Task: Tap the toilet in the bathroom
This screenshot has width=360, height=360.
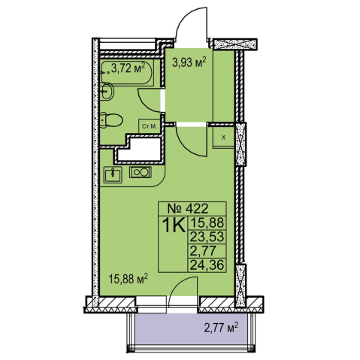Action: coord(111,120)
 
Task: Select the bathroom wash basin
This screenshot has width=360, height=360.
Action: coord(107,92)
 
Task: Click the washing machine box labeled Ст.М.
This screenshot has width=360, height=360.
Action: coord(150,126)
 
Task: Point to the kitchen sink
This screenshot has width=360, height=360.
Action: coord(113,174)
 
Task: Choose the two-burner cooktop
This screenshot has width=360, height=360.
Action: coord(141,172)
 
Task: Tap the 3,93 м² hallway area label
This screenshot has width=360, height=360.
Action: coord(189,62)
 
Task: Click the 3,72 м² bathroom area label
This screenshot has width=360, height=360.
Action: coord(128,68)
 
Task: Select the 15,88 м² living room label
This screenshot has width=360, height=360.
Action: coord(128,279)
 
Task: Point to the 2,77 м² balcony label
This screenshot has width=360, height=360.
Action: coord(221,328)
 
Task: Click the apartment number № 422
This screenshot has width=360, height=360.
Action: coord(188,208)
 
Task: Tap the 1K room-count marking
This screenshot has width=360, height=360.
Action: coord(174,225)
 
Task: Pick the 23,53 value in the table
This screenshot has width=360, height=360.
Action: coord(207,237)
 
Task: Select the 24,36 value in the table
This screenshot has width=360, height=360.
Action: coord(207,265)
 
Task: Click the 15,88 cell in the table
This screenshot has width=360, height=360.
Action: coord(207,222)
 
